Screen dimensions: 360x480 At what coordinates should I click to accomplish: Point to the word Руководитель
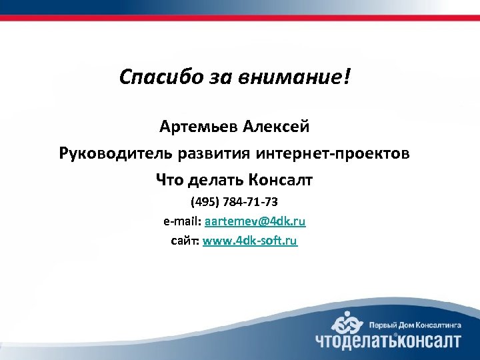click(115, 153)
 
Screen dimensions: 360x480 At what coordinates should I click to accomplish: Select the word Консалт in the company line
click(280, 180)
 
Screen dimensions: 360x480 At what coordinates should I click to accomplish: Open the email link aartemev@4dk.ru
click(255, 221)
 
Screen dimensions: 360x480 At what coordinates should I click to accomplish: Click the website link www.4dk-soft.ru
click(250, 241)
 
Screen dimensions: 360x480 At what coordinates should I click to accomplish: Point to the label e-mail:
click(183, 221)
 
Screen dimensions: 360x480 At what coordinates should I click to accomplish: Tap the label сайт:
click(185, 241)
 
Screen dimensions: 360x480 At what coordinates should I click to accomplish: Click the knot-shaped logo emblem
click(348, 324)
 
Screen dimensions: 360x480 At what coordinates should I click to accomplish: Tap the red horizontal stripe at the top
click(240, 18)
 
